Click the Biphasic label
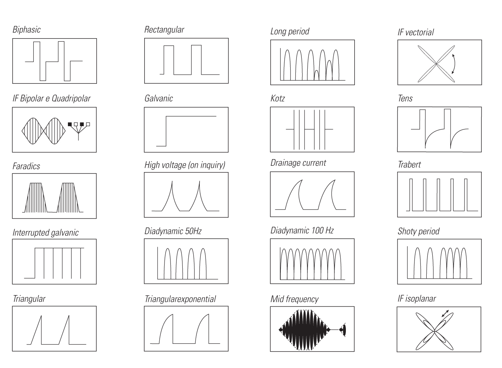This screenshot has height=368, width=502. coord(27,30)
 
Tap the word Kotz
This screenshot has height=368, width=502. coord(278,98)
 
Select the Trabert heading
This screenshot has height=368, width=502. coord(409,164)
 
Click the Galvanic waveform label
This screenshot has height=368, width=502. coord(159,98)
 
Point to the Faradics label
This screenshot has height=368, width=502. coord(26,166)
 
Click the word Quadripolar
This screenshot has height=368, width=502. coord(71,98)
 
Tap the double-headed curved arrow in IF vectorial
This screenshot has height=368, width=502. coord(453,64)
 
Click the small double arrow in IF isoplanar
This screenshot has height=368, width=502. coord(445,313)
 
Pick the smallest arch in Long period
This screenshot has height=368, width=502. coord(316,75)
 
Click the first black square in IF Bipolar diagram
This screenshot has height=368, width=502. coord(70,124)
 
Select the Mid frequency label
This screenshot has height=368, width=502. coord(294,299)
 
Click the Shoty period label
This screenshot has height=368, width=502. coord(419,231)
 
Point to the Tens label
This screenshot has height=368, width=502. coord(405,98)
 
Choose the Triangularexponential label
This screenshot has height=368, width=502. coord(180,299)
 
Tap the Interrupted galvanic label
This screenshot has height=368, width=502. coord(46,233)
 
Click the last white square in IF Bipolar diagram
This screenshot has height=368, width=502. coord(88,124)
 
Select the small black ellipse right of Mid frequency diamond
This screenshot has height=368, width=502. coord(344,330)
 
